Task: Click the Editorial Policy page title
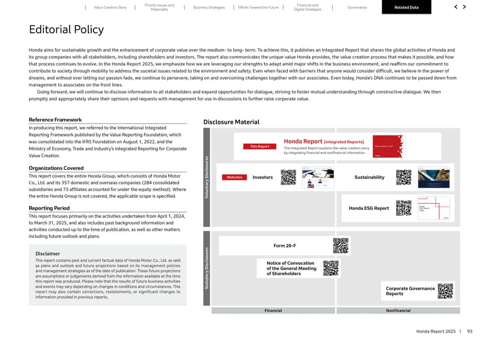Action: [x=66, y=30]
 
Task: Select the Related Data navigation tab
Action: [x=406, y=8]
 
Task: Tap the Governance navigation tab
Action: [x=357, y=8]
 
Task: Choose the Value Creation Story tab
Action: [x=110, y=8]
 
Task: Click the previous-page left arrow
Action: [x=456, y=7]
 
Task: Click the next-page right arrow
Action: [x=465, y=7]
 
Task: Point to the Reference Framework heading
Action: [x=55, y=120]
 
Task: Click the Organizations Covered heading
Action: [x=56, y=168]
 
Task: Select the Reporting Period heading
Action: [x=49, y=208]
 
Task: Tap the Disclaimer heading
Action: [x=47, y=254]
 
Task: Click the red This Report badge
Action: [x=260, y=146]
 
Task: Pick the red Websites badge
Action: [x=234, y=177]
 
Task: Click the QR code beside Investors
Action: [x=288, y=177]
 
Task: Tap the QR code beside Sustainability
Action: [x=403, y=177]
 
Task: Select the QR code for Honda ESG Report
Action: [x=403, y=208]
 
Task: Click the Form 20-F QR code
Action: [x=341, y=246]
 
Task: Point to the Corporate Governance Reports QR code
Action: [x=445, y=291]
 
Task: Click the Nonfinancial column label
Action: [x=398, y=311]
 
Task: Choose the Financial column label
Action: [x=273, y=311]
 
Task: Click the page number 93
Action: [x=470, y=331]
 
